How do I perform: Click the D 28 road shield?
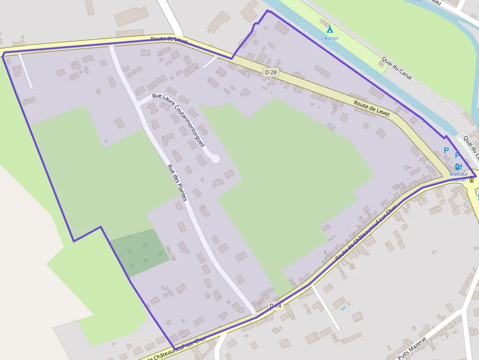click(270, 72)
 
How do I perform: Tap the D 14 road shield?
click(276, 306)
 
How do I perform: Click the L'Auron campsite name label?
click(329, 38)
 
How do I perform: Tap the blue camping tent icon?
click(329, 29)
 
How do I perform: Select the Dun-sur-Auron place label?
click(458, 176)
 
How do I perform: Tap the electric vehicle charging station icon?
click(458, 167)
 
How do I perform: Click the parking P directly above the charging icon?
click(457, 156)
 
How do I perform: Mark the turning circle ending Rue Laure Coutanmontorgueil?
click(215, 159)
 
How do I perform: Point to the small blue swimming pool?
click(343, 308)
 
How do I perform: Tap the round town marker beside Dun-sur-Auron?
click(472, 180)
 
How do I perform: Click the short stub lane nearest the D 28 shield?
click(210, 63)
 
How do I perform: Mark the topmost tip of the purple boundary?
click(267, 11)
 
